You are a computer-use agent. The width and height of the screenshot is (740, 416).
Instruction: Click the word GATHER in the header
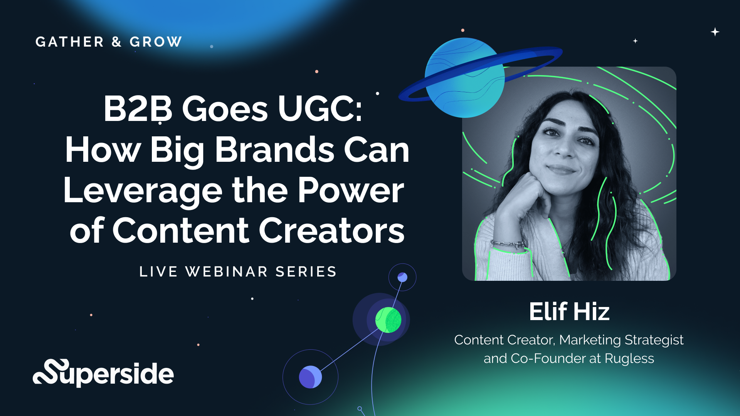(70, 42)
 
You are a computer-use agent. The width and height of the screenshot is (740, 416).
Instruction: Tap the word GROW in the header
(156, 42)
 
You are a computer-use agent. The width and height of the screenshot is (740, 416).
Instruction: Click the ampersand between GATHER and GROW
(117, 42)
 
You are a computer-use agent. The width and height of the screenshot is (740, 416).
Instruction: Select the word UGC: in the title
(320, 109)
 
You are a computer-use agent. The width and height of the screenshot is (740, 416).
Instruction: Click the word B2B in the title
(138, 109)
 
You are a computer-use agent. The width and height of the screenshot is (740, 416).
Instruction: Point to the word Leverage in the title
(143, 191)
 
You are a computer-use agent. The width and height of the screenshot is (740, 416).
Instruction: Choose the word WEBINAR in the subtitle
(227, 272)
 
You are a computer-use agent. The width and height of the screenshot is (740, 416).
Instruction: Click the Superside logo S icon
(51, 372)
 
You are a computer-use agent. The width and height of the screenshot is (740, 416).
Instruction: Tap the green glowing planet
(388, 320)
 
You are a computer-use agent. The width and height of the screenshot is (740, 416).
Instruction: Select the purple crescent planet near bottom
(310, 377)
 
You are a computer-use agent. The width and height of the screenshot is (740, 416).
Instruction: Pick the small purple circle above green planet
(402, 277)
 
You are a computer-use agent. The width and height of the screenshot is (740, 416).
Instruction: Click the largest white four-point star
(715, 32)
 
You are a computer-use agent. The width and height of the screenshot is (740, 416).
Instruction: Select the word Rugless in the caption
(629, 359)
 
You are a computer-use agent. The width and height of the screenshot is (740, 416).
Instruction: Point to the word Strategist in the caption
(654, 340)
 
